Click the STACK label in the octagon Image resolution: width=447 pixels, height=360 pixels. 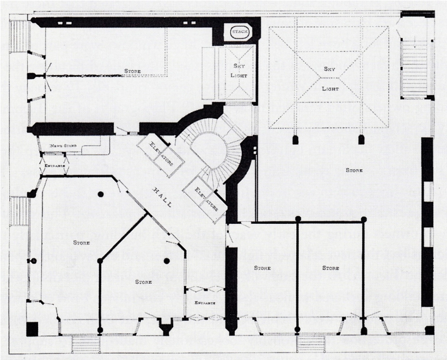click(240, 32)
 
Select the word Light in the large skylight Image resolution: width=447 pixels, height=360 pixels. click(329, 88)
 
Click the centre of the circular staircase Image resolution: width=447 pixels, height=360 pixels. click(209, 147)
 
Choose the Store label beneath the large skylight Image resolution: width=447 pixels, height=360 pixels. click(354, 170)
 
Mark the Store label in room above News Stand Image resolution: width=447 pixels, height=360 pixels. click(132, 71)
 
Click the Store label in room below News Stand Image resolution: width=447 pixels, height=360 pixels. click(81, 242)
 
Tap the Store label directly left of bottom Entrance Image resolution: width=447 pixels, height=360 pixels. click(143, 282)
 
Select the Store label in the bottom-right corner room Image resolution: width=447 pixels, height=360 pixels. click(330, 268)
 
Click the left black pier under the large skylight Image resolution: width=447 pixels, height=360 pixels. click(296, 139)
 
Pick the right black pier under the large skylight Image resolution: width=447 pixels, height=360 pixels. click(360, 139)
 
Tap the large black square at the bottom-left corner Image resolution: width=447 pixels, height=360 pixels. click(33, 329)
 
